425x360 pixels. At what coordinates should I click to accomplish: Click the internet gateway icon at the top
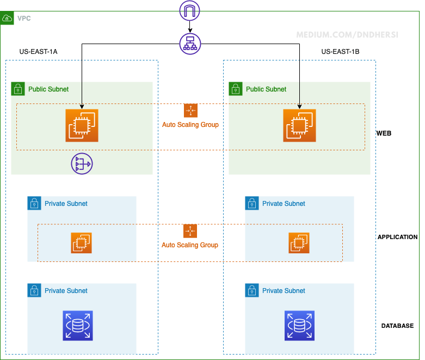coord(190,10)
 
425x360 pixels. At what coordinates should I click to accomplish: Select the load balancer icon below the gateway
coord(190,43)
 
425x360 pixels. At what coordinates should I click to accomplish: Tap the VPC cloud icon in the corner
coord(8,18)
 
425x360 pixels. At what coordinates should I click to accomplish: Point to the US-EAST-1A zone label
coord(38,52)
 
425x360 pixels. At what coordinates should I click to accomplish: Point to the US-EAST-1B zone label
coord(340,52)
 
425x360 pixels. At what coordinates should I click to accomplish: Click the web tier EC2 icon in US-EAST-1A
coord(82,125)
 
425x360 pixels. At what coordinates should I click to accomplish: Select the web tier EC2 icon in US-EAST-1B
coord(299,125)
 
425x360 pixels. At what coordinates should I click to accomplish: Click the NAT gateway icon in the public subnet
coord(82,163)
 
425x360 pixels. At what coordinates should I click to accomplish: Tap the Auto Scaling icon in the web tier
coord(190,111)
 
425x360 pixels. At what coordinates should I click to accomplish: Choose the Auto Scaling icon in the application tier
coord(190,231)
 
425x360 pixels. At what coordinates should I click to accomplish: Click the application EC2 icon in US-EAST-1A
coord(82,243)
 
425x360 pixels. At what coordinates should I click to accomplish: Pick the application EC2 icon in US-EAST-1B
coord(299,243)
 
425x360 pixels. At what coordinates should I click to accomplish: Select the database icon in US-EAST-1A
coord(78,326)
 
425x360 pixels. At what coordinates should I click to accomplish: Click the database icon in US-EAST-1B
coord(299,326)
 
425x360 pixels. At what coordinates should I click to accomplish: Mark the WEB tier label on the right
coord(384,133)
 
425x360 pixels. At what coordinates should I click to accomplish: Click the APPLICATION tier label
coord(397,237)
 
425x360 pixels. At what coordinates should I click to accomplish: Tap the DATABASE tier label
coord(397,326)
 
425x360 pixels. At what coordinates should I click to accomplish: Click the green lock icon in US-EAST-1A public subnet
coord(18,89)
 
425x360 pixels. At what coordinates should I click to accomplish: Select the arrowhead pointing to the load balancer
coord(190,30)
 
